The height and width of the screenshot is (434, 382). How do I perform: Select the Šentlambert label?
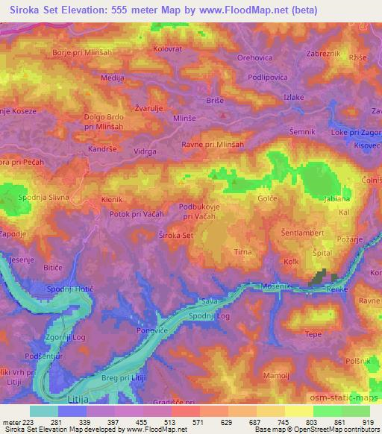(303, 233)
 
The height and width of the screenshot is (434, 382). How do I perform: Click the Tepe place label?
(313, 334)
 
